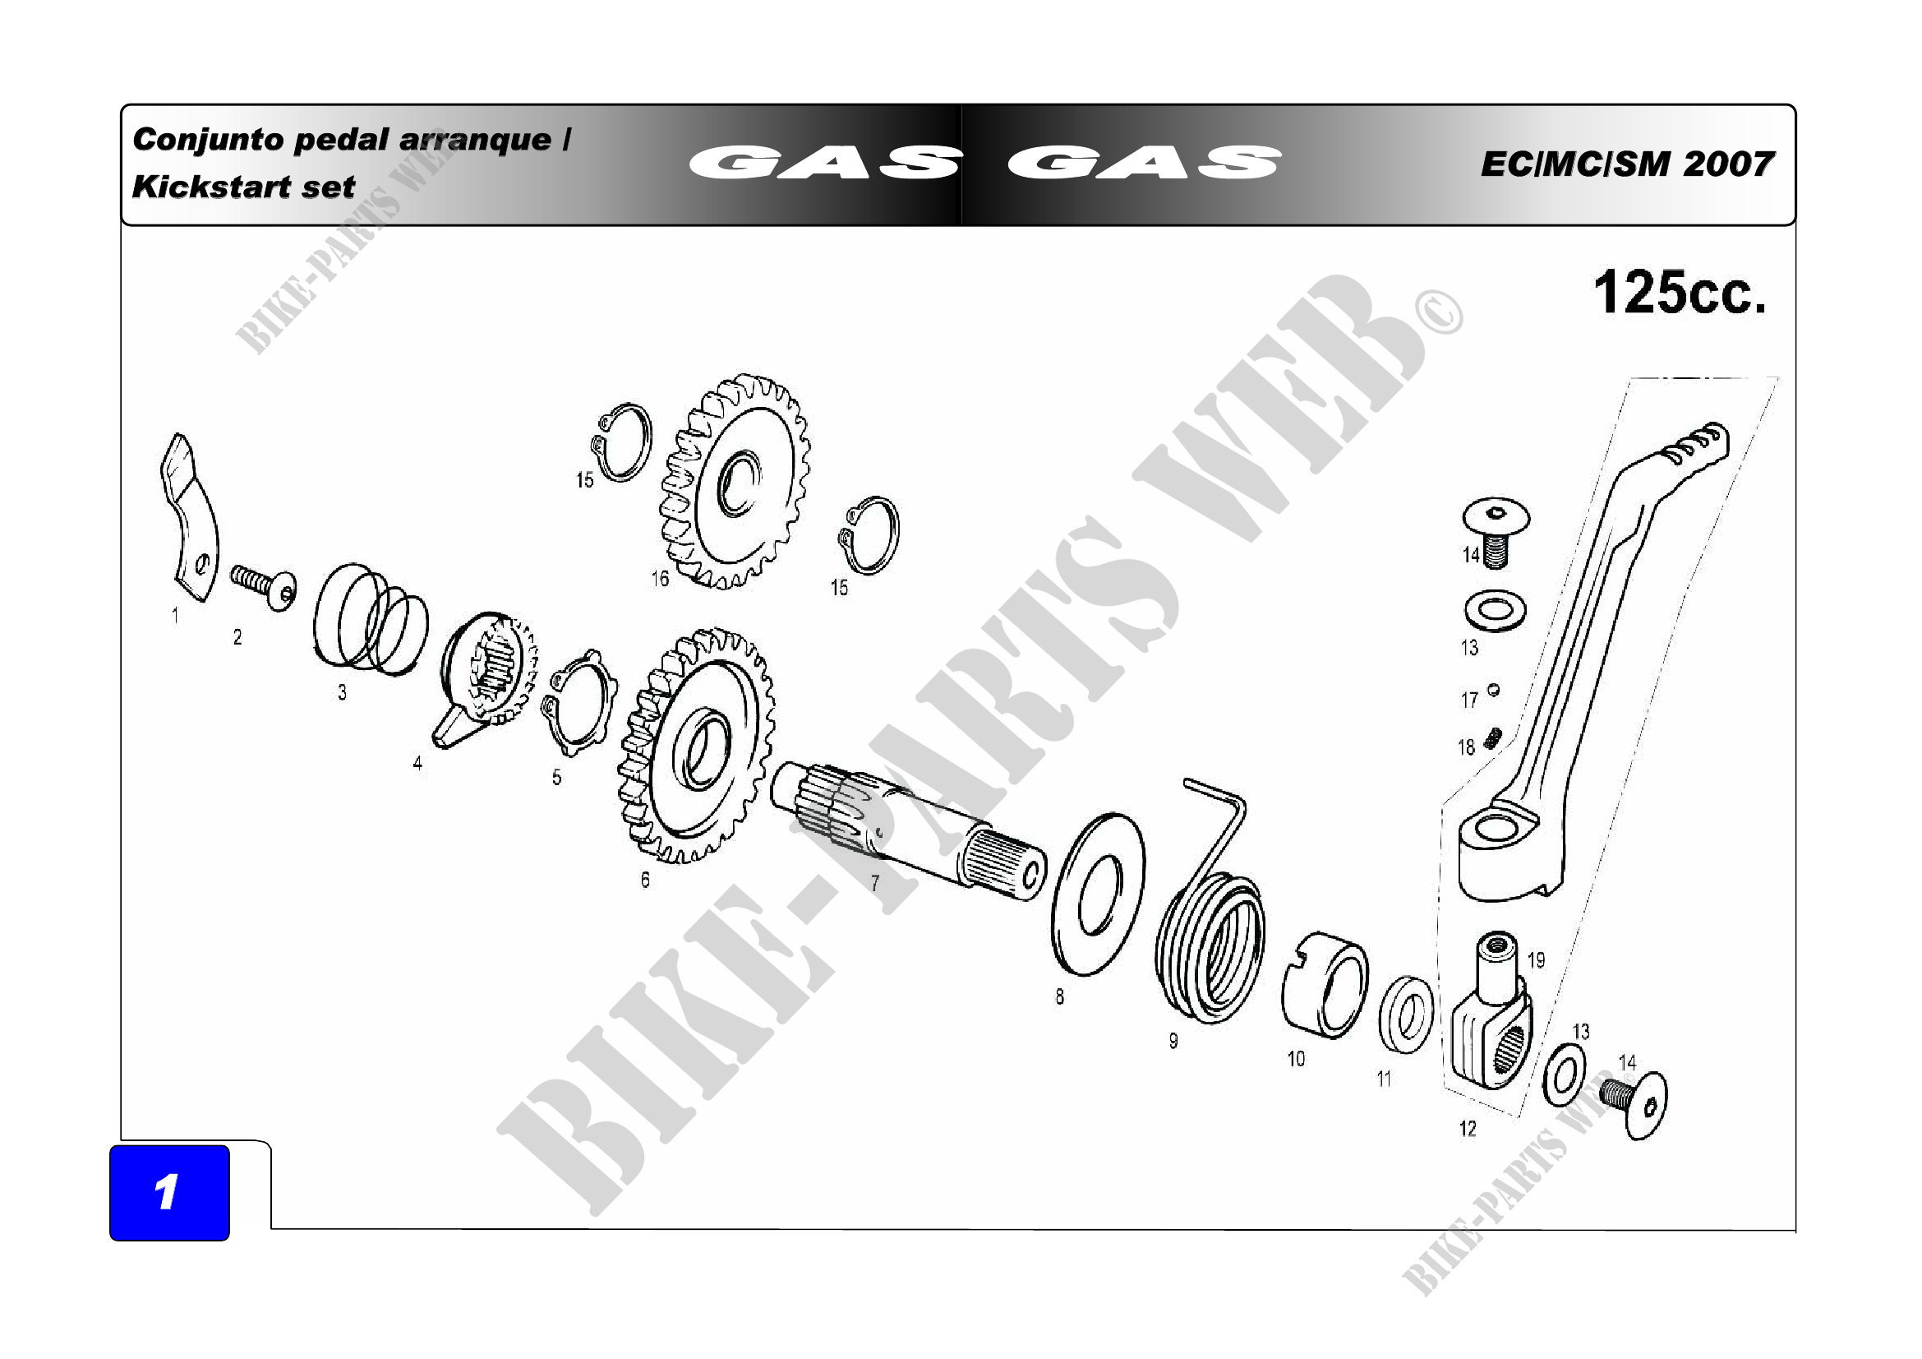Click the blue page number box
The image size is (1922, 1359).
tap(169, 1192)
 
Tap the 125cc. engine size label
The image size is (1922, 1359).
tap(1680, 293)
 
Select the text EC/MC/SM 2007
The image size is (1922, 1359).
tap(1626, 164)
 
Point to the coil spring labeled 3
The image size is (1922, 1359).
tap(369, 619)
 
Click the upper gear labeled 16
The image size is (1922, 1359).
tap(735, 482)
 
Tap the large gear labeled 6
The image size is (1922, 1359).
tap(697, 745)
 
